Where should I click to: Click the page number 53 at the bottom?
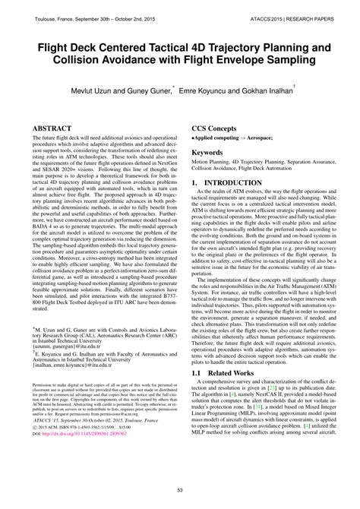point(179,491)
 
